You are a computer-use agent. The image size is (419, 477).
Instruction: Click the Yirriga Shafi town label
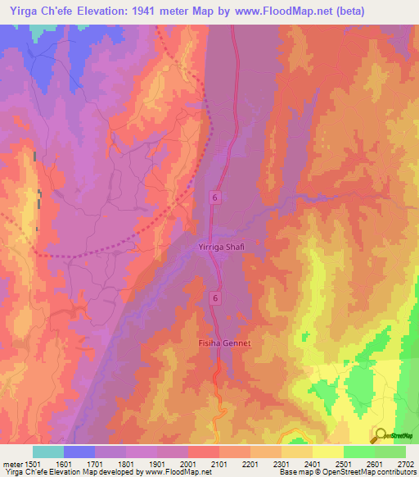221,247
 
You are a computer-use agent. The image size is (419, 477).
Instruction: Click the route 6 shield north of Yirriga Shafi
214,198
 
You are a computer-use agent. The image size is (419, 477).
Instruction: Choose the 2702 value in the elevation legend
405,464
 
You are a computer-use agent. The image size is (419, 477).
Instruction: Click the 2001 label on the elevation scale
197,464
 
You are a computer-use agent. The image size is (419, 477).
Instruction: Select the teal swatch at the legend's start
48,452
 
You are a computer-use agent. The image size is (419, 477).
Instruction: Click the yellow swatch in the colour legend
327,452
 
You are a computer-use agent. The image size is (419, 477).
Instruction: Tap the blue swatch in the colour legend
79,452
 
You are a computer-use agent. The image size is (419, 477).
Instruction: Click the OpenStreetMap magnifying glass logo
379,434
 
